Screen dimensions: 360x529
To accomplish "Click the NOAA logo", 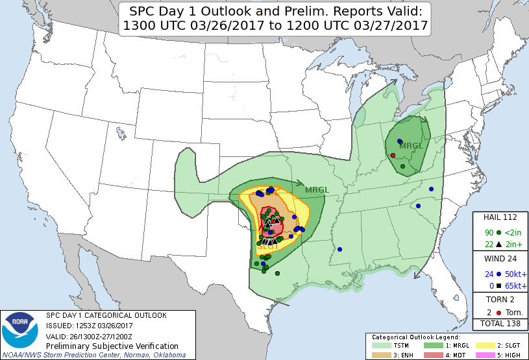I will pos(19,331).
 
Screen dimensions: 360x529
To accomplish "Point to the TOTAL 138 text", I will pos(500,322).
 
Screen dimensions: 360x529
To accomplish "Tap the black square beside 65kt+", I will pos(498,285).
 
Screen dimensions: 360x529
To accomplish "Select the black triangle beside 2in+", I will pos(498,245).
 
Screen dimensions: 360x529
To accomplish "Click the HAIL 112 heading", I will pos(500,217).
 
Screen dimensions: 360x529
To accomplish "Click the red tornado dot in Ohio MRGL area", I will pos(393,155).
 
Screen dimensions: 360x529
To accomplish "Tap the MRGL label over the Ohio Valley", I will pos(411,145).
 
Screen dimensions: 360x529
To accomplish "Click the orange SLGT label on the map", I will pos(268,246).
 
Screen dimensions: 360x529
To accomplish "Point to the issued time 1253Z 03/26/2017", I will pos(105,325).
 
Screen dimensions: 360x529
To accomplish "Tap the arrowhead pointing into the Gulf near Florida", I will pos(416,274).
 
